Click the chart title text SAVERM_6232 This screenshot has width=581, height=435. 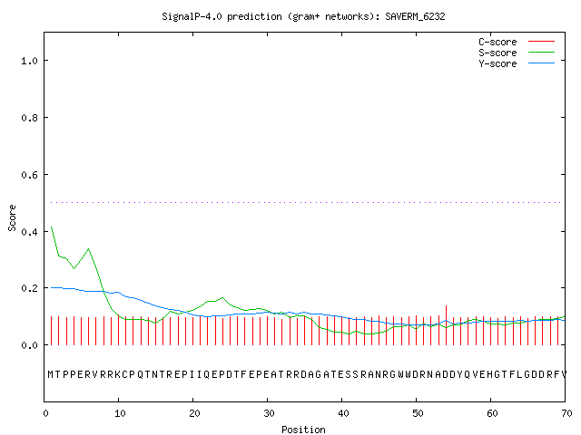(x=415, y=16)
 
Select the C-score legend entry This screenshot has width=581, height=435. (x=517, y=42)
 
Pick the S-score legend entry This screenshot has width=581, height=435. (x=517, y=53)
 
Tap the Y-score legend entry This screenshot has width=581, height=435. (x=517, y=63)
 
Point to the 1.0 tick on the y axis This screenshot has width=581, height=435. (x=29, y=61)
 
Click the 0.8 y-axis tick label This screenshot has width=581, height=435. (x=29, y=118)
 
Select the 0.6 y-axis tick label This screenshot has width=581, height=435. (x=29, y=175)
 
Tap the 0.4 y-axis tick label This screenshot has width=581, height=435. (x=29, y=232)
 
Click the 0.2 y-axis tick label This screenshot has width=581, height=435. (x=29, y=288)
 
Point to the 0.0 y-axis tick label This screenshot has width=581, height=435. (x=29, y=345)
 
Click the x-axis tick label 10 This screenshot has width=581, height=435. (x=120, y=413)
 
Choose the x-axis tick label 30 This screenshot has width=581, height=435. (x=269, y=413)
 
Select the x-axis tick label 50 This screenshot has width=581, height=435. (x=418, y=413)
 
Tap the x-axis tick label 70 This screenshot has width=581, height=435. (x=566, y=413)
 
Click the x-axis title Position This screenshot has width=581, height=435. (x=303, y=430)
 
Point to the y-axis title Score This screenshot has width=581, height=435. (x=12, y=217)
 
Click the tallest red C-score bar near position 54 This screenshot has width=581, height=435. (x=446, y=325)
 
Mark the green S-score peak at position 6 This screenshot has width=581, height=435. (x=89, y=249)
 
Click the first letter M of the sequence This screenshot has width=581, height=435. (x=51, y=374)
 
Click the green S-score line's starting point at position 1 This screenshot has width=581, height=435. (x=51, y=227)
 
